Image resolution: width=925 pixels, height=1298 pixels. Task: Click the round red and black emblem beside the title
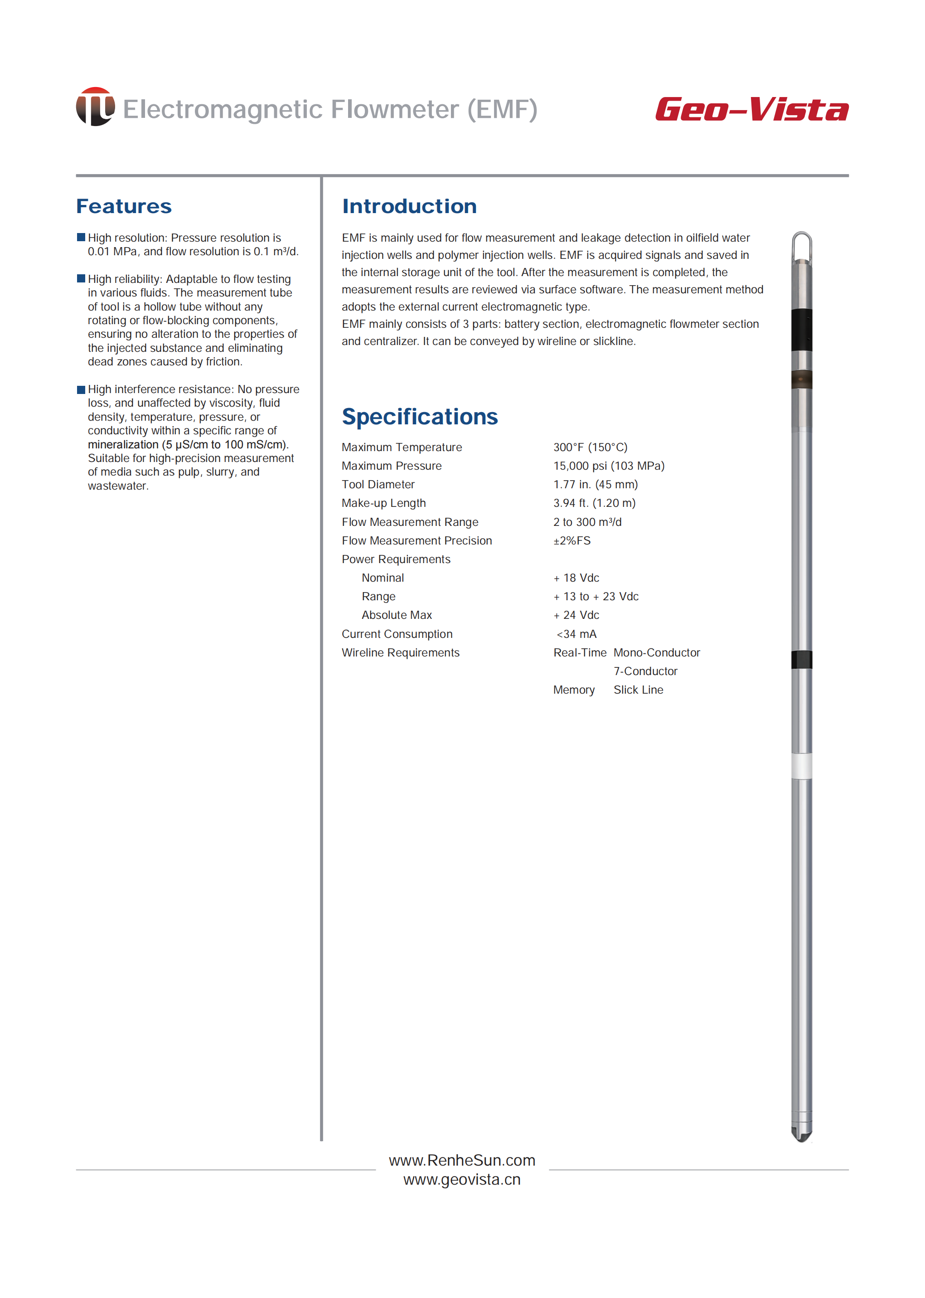(95, 107)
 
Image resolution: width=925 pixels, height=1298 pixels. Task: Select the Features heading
(124, 206)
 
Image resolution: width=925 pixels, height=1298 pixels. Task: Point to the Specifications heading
(419, 417)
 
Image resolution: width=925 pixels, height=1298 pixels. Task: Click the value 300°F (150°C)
(590, 447)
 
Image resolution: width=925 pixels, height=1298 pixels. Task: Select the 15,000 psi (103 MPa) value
(608, 466)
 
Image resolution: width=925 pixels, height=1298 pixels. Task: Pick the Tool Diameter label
(378, 484)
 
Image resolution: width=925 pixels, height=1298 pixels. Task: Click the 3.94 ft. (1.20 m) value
(594, 503)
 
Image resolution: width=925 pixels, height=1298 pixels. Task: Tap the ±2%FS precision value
(572, 541)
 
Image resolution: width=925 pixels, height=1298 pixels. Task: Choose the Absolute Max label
(397, 615)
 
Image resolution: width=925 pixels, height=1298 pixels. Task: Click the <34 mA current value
(576, 634)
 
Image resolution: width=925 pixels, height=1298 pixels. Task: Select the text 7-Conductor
(645, 671)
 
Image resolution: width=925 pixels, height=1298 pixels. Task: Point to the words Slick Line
(638, 690)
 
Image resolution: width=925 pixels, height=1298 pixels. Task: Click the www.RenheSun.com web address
(462, 1160)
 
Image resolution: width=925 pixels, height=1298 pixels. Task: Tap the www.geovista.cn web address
(462, 1180)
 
